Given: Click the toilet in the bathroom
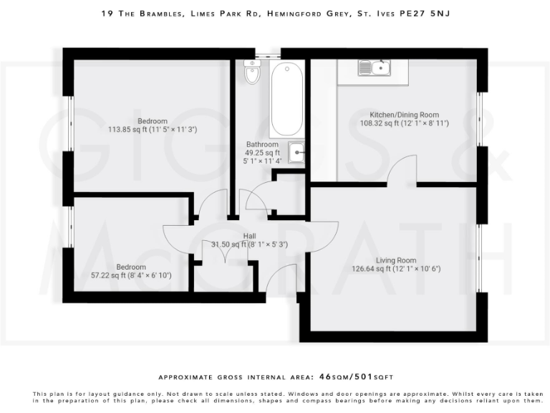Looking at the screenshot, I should (252, 73).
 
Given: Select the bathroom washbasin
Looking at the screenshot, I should (296, 153).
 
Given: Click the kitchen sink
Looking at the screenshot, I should (375, 68).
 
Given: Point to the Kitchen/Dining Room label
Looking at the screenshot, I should (404, 115).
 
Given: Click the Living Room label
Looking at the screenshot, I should (396, 260).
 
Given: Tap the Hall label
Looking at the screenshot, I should (249, 236).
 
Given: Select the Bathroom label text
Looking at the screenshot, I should (262, 144).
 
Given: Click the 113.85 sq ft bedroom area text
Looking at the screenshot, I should (132, 130).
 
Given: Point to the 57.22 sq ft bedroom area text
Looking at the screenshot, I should (131, 275).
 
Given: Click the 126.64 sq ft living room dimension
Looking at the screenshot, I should (396, 270).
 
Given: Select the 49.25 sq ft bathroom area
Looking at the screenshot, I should (262, 153).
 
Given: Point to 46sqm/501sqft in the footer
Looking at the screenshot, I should (356, 376).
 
